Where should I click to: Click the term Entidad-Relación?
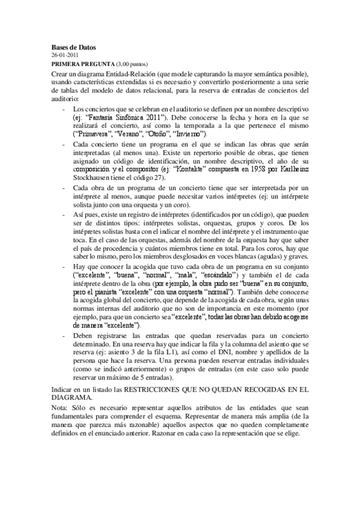(x=140, y=73)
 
